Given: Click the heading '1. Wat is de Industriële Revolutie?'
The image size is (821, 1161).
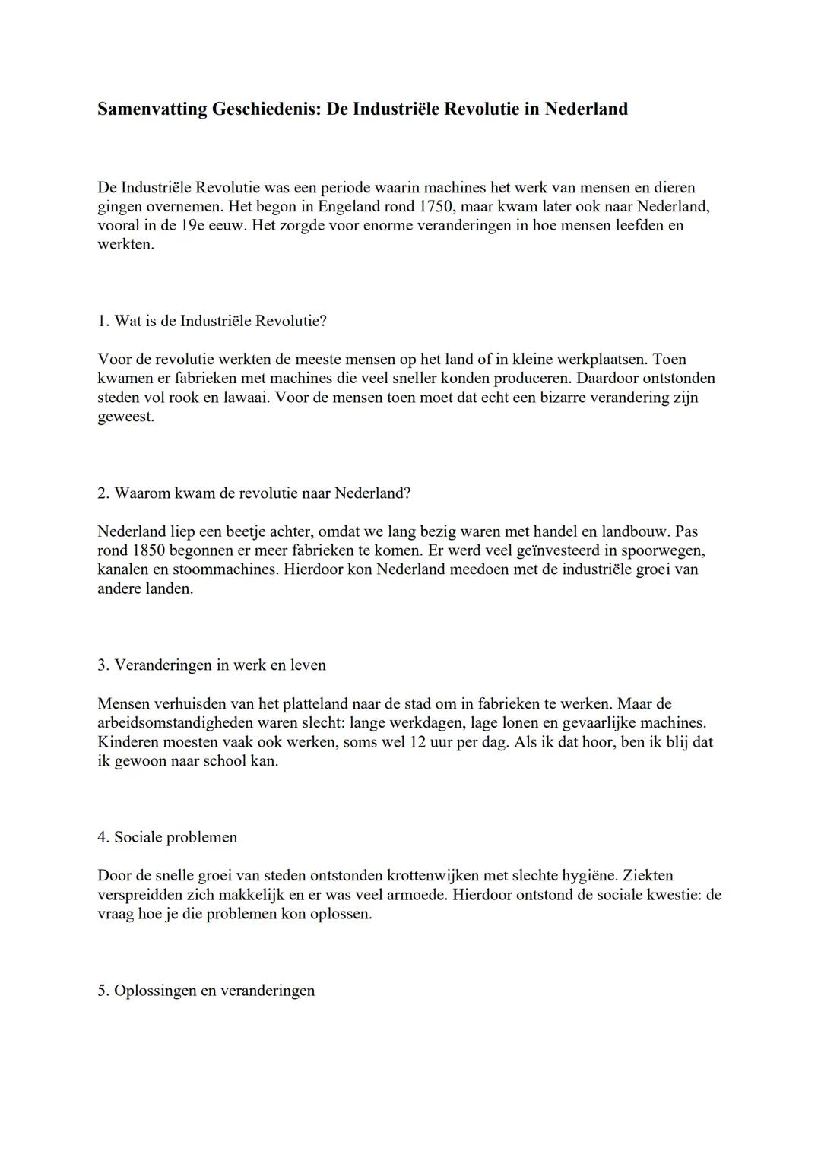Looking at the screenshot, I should point(212,321).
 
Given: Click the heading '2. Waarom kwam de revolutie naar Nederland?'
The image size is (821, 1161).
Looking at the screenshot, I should point(254,493).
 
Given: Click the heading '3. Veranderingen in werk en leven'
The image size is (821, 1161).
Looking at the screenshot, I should point(211,665).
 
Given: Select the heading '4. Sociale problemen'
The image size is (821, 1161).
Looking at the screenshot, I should point(167,837).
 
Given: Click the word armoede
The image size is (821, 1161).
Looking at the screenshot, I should point(414,895).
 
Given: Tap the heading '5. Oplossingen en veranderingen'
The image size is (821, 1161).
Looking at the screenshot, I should point(206,991).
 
